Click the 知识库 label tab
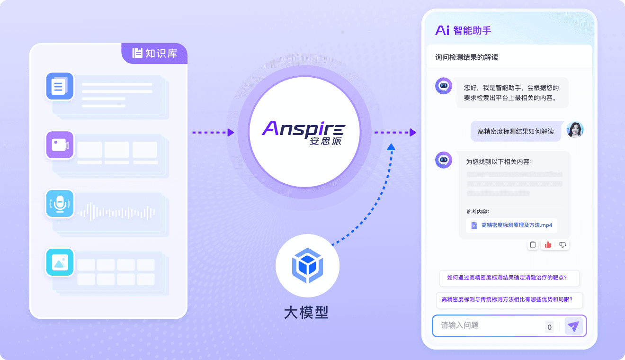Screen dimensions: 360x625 pyautogui.click(x=155, y=54)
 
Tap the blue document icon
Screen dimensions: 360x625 pyautogui.click(x=60, y=86)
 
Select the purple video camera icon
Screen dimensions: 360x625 pyautogui.click(x=60, y=145)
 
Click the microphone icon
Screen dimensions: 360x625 pyautogui.click(x=60, y=204)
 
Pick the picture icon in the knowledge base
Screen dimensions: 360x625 pyautogui.click(x=60, y=262)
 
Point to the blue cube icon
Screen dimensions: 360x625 pyautogui.click(x=307, y=265)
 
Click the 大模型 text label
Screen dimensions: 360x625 pyautogui.click(x=306, y=313)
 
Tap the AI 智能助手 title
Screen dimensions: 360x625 pyautogui.click(x=463, y=30)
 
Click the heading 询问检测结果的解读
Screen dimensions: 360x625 pyautogui.click(x=466, y=57)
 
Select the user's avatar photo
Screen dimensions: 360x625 pyautogui.click(x=575, y=130)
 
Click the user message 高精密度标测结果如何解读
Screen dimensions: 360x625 pyautogui.click(x=516, y=131)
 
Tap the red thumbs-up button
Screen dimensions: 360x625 pyautogui.click(x=548, y=245)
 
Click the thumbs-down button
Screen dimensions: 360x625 pyautogui.click(x=562, y=245)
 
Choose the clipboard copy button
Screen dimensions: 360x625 pyautogui.click(x=533, y=245)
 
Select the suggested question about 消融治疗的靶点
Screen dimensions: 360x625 pyautogui.click(x=509, y=278)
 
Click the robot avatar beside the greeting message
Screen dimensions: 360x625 pyautogui.click(x=444, y=86)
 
